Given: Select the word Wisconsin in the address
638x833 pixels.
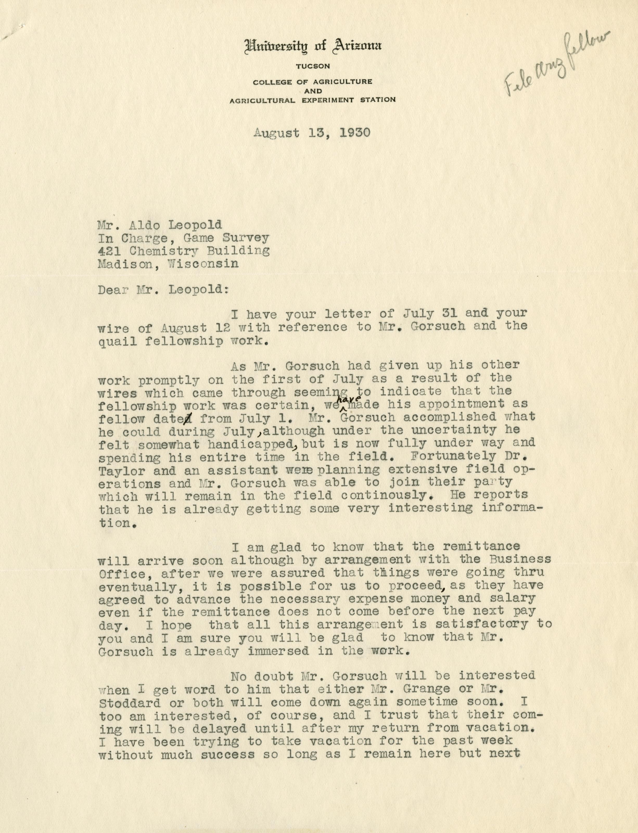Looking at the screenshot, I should click(203, 264).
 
